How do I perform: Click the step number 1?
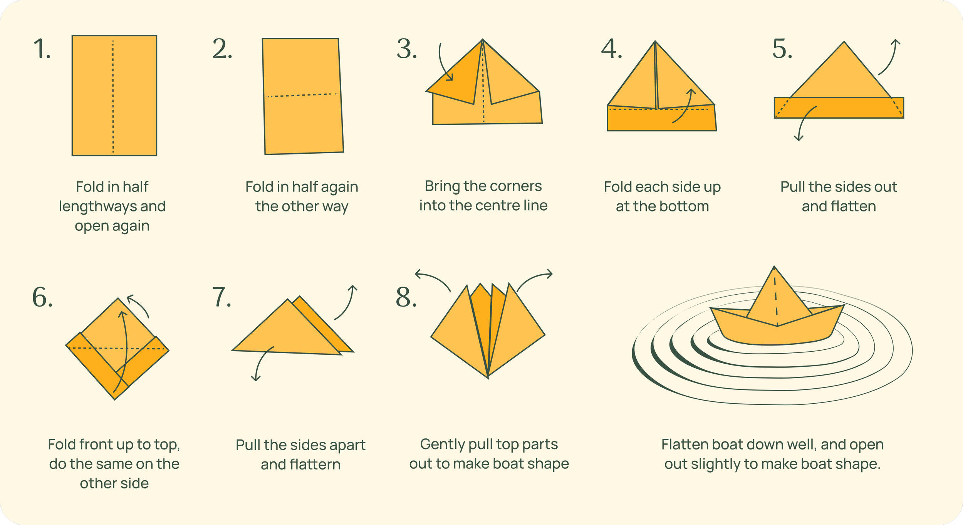[42, 49]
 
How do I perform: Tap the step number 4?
[611, 49]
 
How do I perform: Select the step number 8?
[406, 297]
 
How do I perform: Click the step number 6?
[42, 297]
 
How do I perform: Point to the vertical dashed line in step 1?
[113, 96]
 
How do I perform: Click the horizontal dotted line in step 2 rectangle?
[302, 95]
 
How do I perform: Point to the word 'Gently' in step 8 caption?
[441, 444]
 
